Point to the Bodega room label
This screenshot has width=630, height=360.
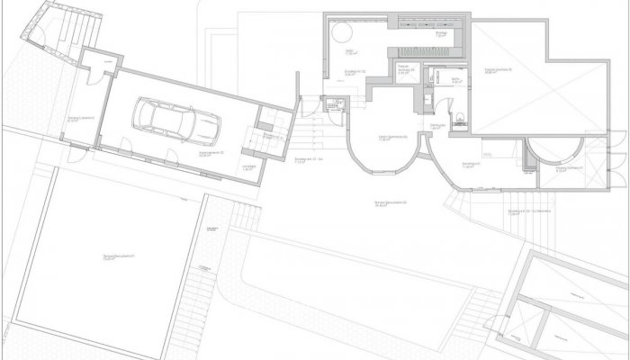(x=441, y=33)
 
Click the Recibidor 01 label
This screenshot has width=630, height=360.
(x=469, y=166)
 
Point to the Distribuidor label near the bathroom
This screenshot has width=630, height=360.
(x=438, y=127)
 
